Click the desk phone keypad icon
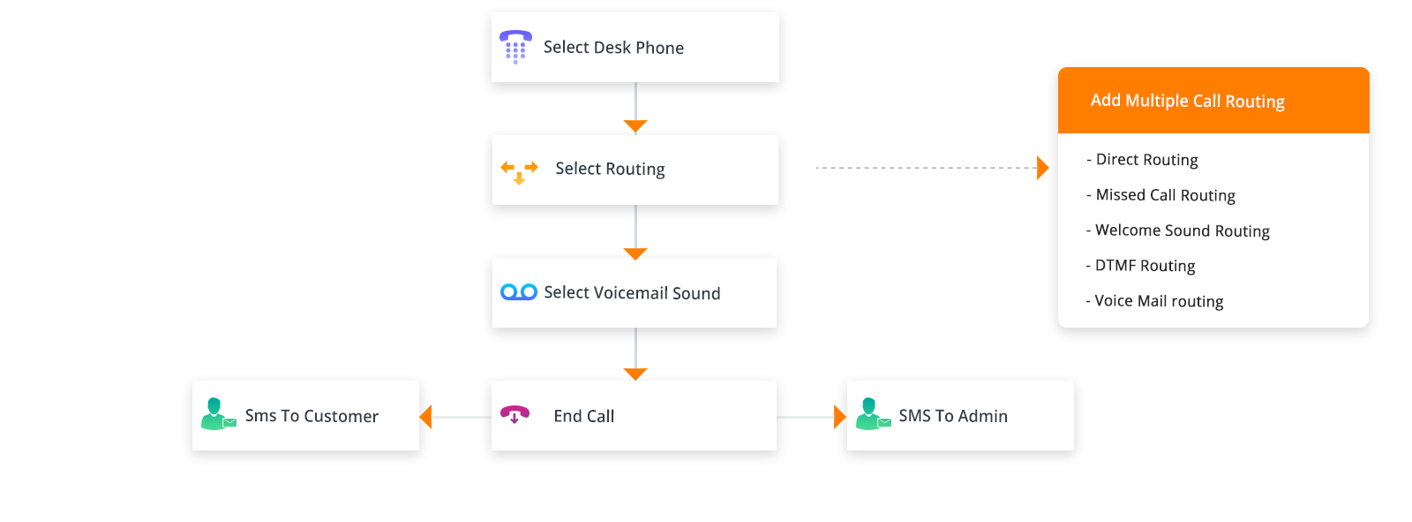click(x=515, y=47)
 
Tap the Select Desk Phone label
click(x=613, y=48)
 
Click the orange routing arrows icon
click(x=519, y=170)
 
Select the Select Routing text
click(x=610, y=169)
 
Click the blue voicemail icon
click(x=519, y=292)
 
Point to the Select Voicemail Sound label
click(x=632, y=293)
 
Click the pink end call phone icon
click(x=514, y=414)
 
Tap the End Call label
click(x=583, y=416)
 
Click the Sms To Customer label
click(x=312, y=416)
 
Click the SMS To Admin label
click(x=953, y=416)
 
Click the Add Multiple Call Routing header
click(x=1187, y=101)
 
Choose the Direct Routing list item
click(x=1146, y=160)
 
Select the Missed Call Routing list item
click(x=1165, y=195)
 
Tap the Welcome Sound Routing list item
click(x=1182, y=231)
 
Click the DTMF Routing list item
click(x=1145, y=266)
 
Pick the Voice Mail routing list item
click(x=1159, y=301)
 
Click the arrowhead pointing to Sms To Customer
click(x=426, y=417)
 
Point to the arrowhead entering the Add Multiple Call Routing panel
click(x=1043, y=168)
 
